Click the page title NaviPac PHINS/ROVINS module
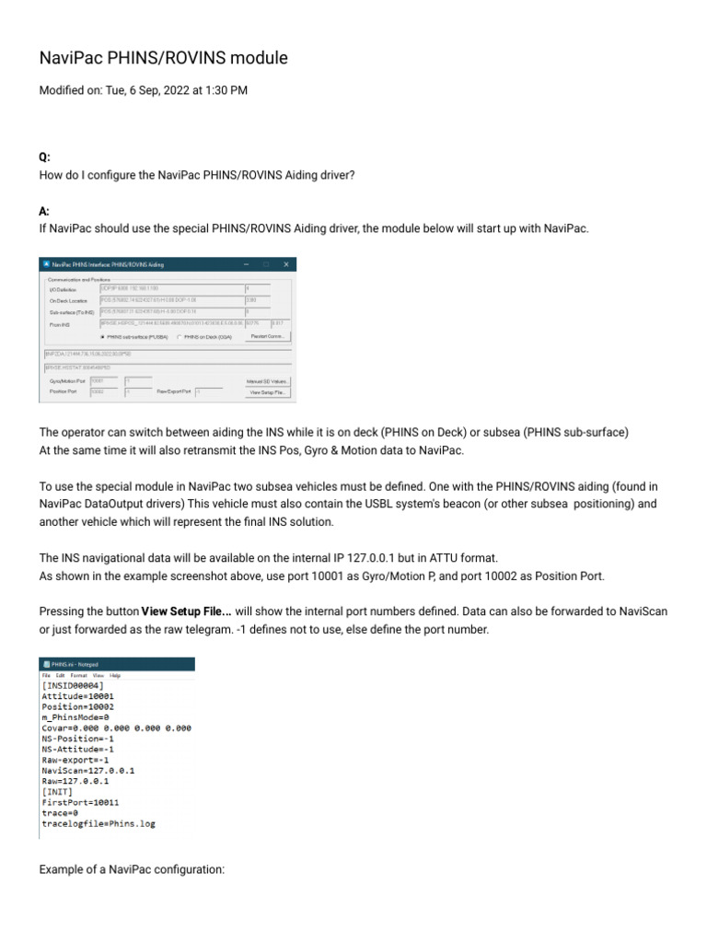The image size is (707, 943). pos(163,58)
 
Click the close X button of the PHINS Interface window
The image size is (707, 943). pos(285,264)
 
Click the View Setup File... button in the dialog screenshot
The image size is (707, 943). pos(269,392)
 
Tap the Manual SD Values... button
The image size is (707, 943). pos(269,380)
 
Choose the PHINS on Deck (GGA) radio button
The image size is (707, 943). pos(179,337)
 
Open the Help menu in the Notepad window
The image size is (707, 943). pos(115,675)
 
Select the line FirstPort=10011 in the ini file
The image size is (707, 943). pos(80,802)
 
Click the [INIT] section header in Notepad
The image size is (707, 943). pos(57,791)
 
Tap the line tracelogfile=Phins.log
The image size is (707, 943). pos(99,823)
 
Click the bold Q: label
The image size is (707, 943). pos(44,158)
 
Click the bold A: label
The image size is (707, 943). pos(44,211)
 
